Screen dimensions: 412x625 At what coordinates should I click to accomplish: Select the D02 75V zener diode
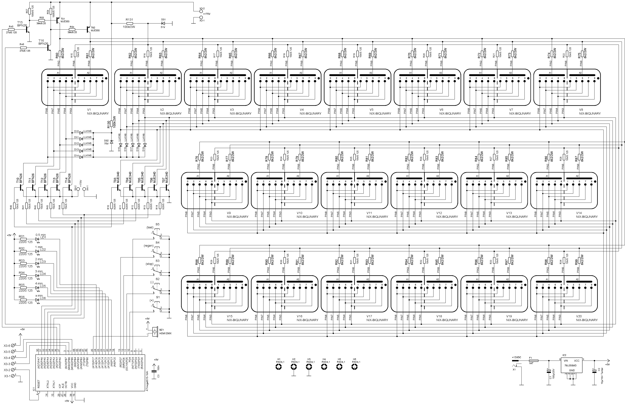tap(111, 142)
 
